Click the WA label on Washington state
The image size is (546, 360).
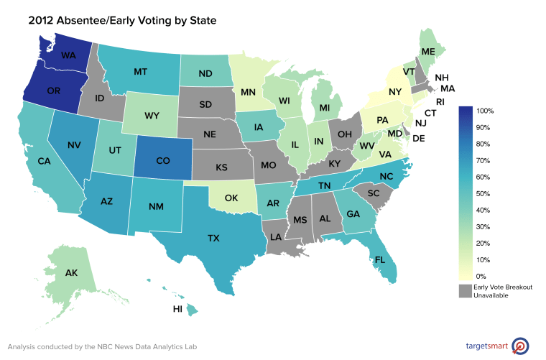tap(69, 54)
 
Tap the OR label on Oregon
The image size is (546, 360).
tap(53, 91)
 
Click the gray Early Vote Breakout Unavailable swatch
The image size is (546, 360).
tap(465, 290)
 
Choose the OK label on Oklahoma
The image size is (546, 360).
tap(231, 197)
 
